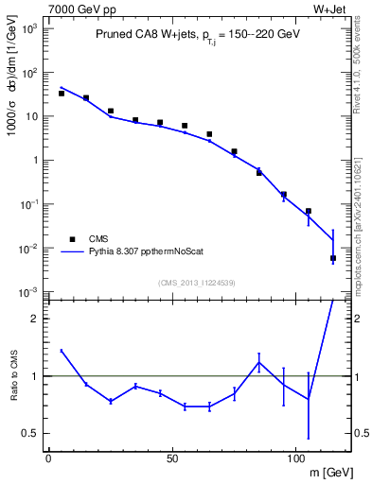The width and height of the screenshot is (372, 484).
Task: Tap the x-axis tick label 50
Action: pos(171,458)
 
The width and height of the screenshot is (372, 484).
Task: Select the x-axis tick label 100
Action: pos(295,458)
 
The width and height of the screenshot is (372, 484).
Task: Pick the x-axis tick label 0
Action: pos(48,458)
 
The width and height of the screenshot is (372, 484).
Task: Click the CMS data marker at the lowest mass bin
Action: pos(62,94)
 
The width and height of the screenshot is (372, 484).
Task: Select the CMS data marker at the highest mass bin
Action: pos(333,258)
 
